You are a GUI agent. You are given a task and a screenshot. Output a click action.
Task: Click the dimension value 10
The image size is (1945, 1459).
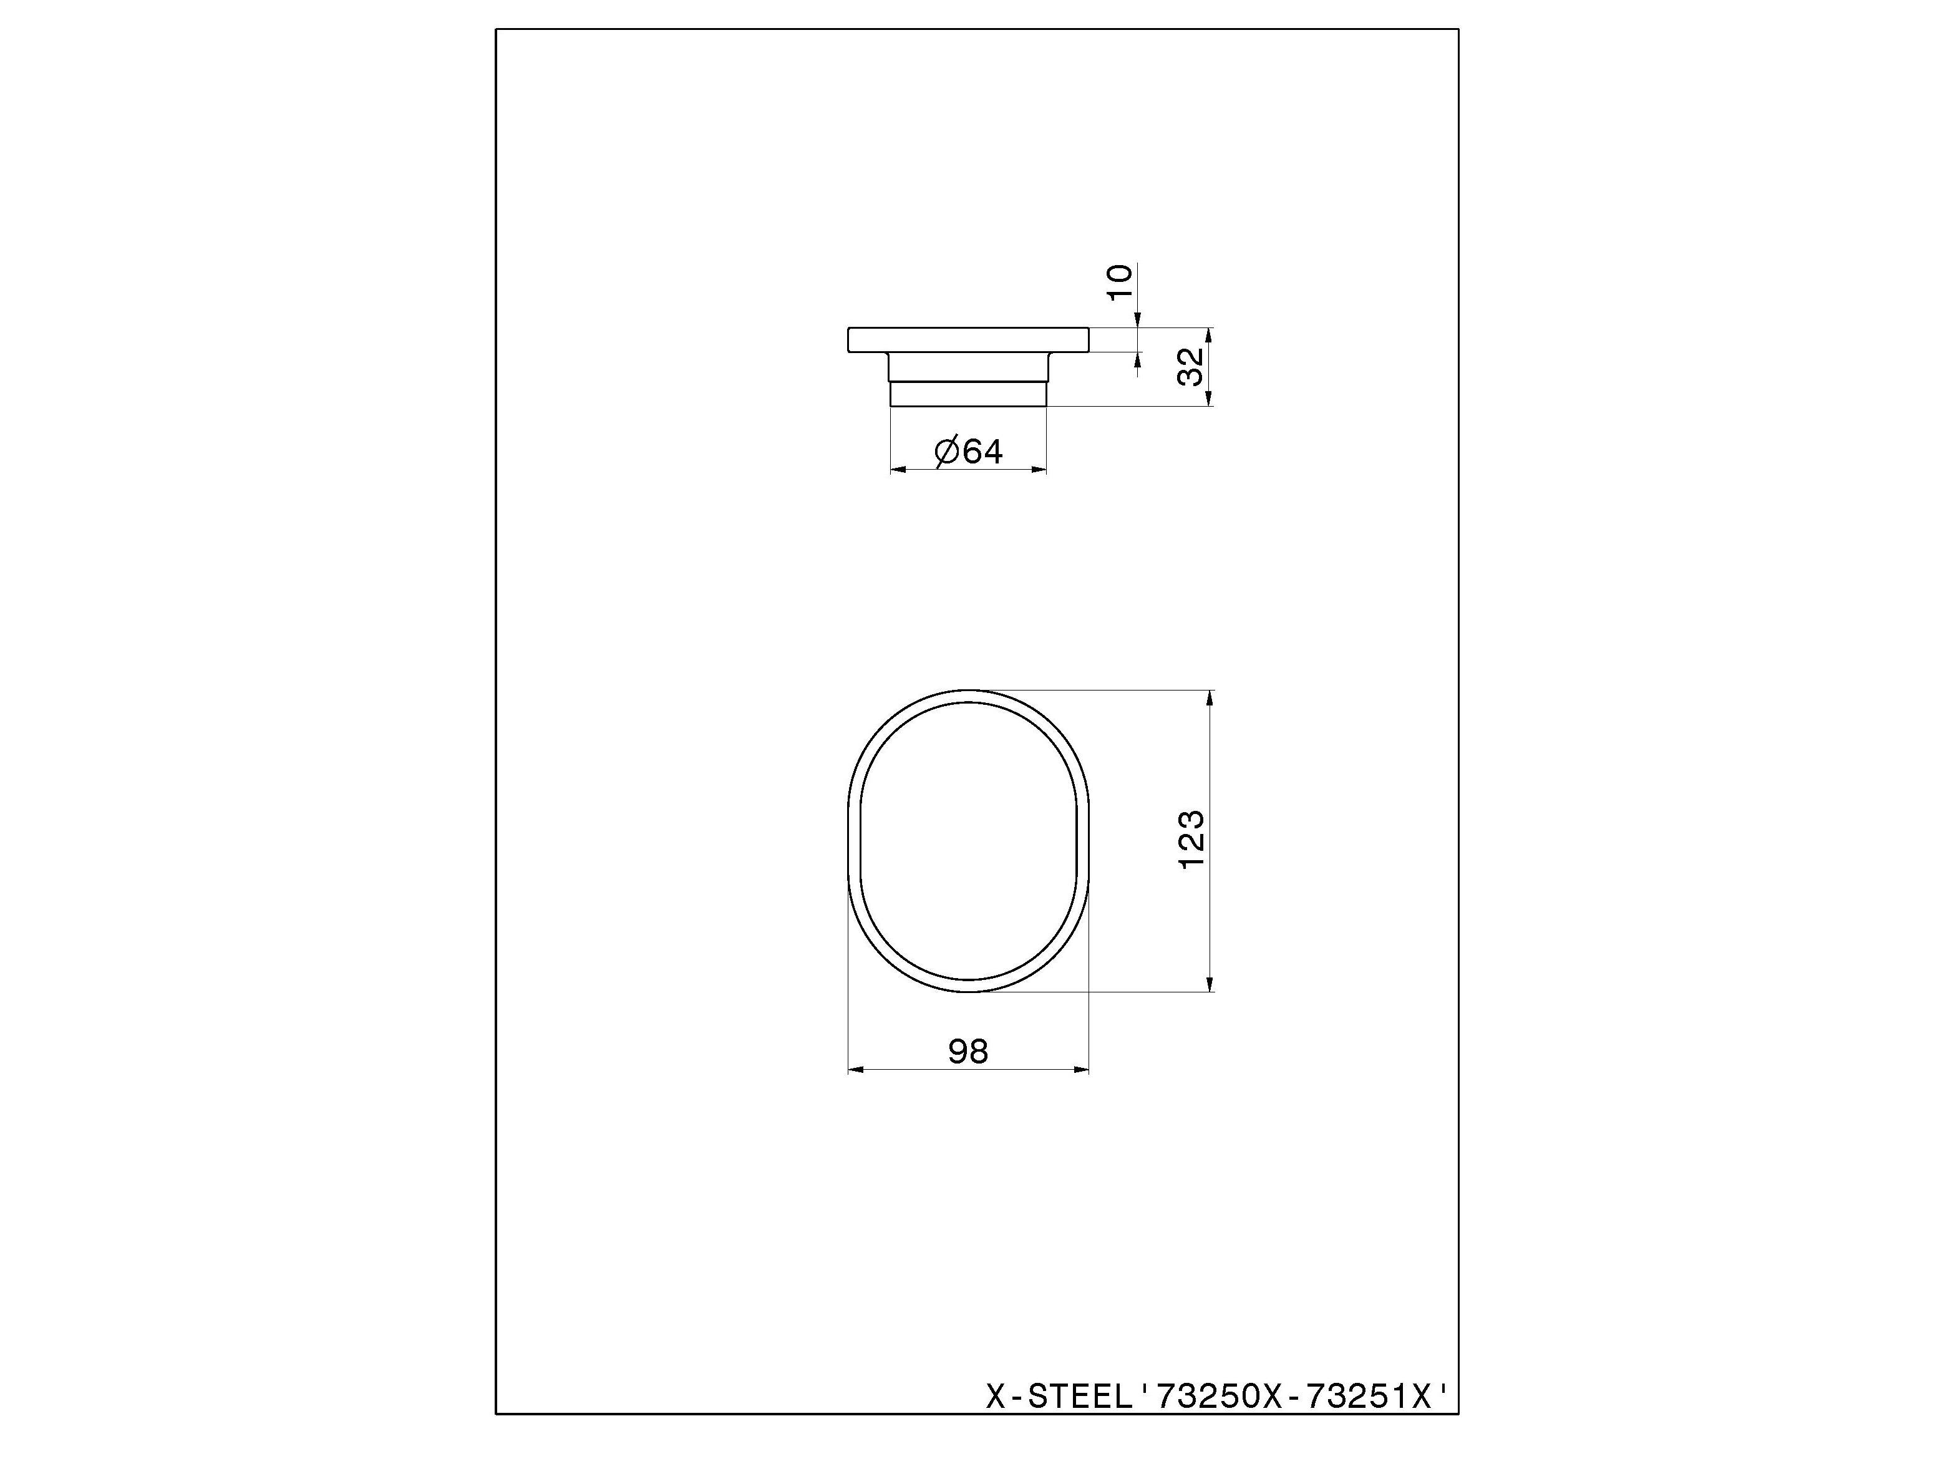click(1119, 281)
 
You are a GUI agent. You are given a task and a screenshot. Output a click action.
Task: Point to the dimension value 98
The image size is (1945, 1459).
click(968, 1051)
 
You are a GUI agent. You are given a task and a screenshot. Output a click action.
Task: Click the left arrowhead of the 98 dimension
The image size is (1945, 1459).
click(855, 1069)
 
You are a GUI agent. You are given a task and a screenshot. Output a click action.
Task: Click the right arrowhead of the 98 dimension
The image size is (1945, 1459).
click(1082, 1069)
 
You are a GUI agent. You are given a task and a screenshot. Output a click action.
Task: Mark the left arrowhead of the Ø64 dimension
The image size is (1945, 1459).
click(898, 470)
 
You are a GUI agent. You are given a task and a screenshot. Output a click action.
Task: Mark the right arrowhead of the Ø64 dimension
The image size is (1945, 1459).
click(1039, 470)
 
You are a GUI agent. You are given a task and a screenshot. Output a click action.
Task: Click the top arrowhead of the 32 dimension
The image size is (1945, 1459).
click(1209, 334)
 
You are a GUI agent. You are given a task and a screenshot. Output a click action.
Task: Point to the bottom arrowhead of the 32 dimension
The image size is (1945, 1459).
click(1209, 399)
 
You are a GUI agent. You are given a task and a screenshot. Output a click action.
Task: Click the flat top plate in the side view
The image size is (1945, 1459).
click(968, 339)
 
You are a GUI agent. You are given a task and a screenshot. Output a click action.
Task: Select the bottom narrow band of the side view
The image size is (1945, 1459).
click(968, 394)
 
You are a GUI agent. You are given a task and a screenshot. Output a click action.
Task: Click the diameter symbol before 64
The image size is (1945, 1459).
click(946, 453)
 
